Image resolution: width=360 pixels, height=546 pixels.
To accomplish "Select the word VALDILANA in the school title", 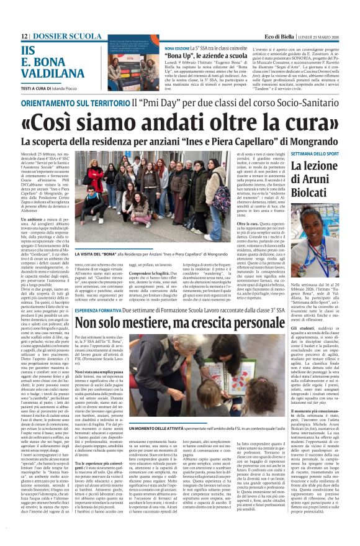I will click(52, 74).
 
